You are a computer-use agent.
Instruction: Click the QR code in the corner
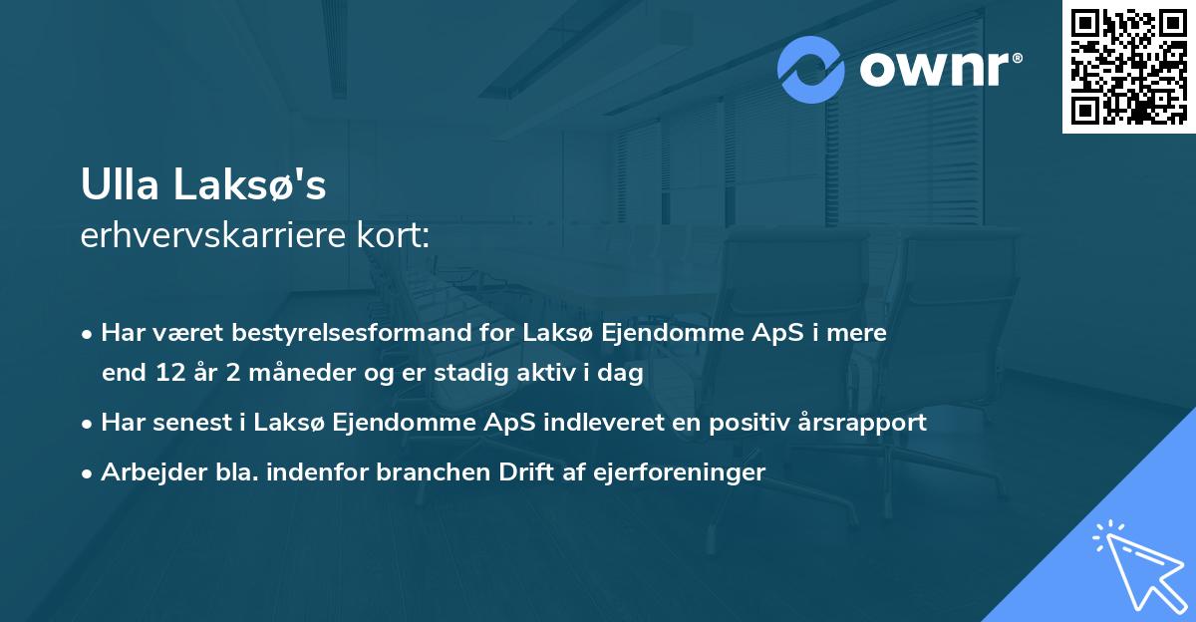click(x=1128, y=67)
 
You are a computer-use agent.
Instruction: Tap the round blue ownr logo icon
click(x=811, y=70)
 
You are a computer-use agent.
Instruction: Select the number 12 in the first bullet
click(x=165, y=374)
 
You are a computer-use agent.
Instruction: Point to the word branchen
click(x=425, y=472)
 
